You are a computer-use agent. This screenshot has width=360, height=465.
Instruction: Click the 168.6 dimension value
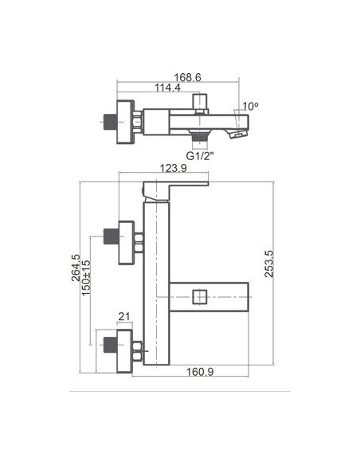coord(187,77)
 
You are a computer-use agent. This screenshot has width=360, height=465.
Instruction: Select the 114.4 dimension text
coord(167,88)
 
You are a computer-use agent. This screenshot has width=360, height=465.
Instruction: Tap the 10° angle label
coord(250,106)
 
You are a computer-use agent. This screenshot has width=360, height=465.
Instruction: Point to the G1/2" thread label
coord(200,156)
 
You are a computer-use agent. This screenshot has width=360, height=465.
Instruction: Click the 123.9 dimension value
coord(174,168)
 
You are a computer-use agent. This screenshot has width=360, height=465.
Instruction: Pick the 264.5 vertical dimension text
coord(76,268)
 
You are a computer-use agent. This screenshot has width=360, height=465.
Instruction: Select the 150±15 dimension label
coord(86,278)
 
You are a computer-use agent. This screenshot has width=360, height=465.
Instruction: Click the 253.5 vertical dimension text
coord(269,264)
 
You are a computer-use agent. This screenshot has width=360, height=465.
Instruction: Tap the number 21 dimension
coord(124,316)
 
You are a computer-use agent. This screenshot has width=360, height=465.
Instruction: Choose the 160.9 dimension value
coord(200,372)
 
